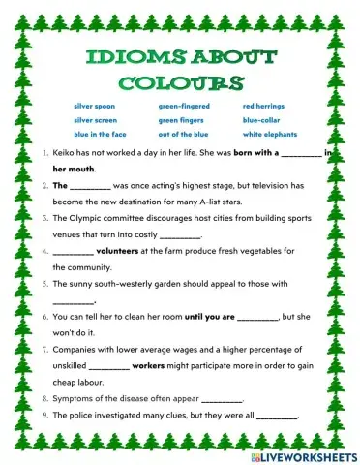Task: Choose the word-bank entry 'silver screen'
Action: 96,119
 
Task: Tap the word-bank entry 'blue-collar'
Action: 262,119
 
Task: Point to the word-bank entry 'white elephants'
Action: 270,134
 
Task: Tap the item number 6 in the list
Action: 47,316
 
